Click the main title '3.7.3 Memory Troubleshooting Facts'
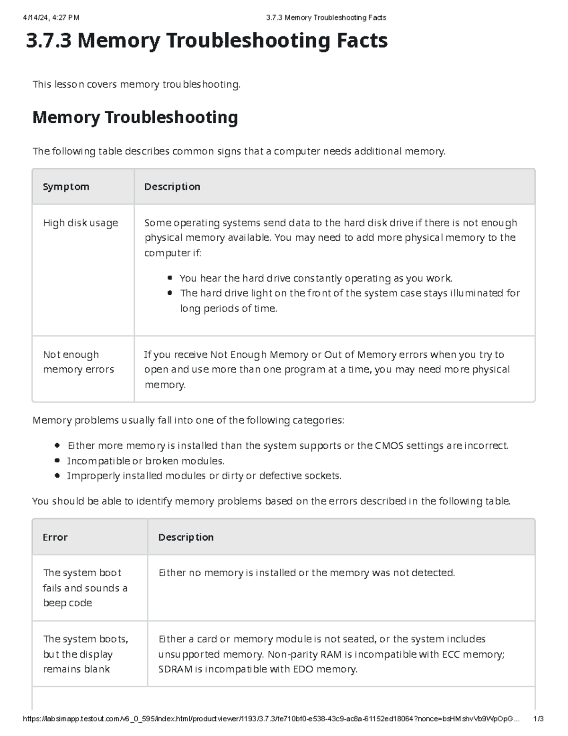point(207,41)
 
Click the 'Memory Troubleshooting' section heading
point(135,117)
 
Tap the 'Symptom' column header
point(66,187)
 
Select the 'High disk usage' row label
point(80,223)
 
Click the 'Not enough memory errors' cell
point(79,362)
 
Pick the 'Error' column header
point(55,537)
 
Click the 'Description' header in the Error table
point(186,537)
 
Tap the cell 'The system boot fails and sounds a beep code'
point(85,588)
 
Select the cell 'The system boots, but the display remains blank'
point(85,654)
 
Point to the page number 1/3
point(538,719)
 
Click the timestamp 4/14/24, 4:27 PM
point(51,18)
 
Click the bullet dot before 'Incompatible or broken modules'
point(57,461)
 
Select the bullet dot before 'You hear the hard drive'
point(170,278)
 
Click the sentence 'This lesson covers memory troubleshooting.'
point(136,84)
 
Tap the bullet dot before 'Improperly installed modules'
point(57,475)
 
